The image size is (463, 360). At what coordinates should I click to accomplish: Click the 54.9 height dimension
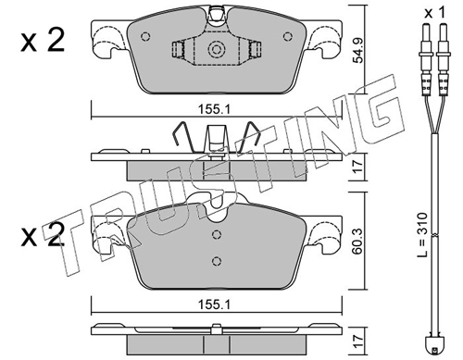pos(358,51)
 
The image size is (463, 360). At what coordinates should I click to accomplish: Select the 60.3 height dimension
pos(358,242)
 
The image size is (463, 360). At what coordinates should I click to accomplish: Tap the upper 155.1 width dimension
pos(215,109)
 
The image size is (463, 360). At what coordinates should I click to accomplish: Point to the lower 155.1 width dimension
pos(215,304)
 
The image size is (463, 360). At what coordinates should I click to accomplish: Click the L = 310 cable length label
pos(421,234)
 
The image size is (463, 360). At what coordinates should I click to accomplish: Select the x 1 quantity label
pos(435,13)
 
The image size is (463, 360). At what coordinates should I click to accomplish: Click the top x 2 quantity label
pos(43,40)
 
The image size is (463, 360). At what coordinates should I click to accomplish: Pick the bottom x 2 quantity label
pos(43,235)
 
